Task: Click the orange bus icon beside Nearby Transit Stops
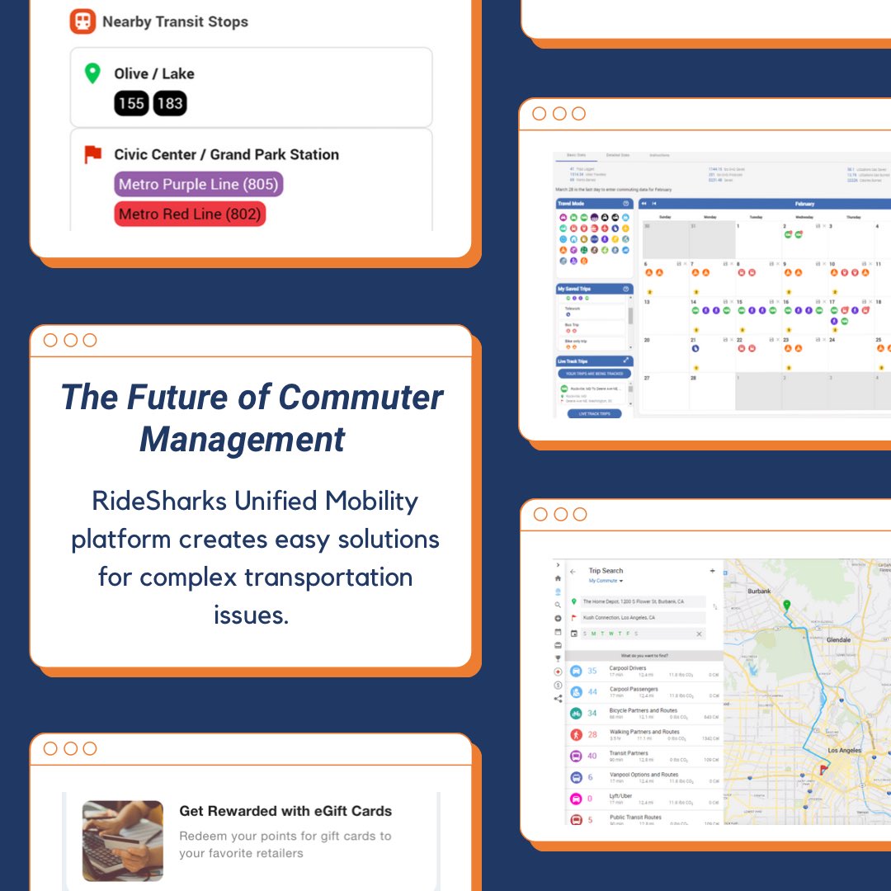(82, 22)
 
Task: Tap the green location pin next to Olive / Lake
(92, 73)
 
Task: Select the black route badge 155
(131, 103)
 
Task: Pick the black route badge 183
(170, 103)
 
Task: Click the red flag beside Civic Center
(92, 154)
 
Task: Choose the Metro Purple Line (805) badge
(198, 184)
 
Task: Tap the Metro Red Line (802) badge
(190, 214)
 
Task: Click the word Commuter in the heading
(361, 397)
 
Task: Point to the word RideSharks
(146, 501)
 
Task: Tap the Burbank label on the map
(758, 592)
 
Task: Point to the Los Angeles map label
(844, 750)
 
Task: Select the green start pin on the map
(786, 606)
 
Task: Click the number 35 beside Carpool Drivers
(592, 671)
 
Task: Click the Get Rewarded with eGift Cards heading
(285, 811)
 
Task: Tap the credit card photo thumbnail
(123, 841)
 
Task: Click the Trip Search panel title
(606, 571)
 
